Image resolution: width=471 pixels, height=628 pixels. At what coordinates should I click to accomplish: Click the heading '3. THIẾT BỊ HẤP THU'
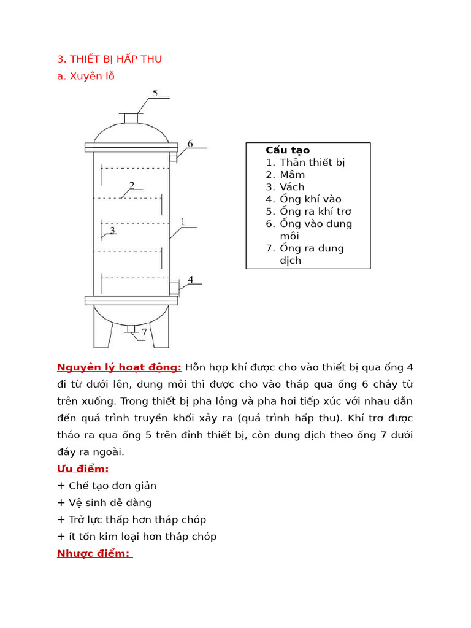click(x=109, y=59)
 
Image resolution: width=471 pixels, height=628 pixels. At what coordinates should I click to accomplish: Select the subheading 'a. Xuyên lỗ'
click(x=85, y=76)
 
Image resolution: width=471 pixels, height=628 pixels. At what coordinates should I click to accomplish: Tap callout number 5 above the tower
click(x=155, y=93)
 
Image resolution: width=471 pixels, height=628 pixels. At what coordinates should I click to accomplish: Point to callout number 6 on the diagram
click(x=190, y=144)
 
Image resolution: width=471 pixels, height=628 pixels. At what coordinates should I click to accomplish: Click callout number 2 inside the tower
click(x=131, y=185)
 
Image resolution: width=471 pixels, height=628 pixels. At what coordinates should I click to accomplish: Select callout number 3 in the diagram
click(x=112, y=230)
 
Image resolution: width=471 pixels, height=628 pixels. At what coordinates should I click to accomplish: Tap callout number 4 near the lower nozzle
click(x=190, y=280)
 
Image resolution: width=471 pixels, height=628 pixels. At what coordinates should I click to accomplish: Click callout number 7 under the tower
click(x=144, y=332)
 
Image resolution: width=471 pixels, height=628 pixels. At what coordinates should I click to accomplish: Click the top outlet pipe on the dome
click(x=131, y=118)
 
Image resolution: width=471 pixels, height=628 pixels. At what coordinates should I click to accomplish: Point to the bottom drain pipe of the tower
click(x=131, y=329)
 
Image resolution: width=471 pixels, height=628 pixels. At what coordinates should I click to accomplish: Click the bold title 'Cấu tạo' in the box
click(x=288, y=150)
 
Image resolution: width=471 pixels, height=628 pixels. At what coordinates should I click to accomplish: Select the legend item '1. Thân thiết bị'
click(x=305, y=163)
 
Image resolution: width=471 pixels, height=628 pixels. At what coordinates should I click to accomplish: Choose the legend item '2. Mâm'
click(x=285, y=175)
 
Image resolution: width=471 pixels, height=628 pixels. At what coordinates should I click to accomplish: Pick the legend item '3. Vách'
click(x=285, y=187)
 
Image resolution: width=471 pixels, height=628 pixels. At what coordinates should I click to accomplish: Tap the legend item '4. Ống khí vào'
click(x=304, y=199)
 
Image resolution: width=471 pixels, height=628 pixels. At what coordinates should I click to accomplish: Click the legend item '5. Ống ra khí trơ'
click(x=308, y=212)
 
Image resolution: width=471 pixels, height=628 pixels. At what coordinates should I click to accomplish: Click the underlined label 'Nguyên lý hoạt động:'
click(x=119, y=367)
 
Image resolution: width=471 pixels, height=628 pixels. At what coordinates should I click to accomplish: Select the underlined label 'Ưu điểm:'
click(x=83, y=469)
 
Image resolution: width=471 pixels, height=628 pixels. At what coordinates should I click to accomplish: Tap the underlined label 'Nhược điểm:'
click(x=94, y=553)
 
